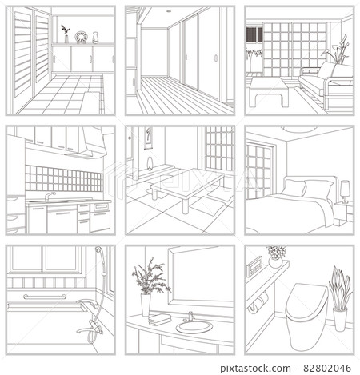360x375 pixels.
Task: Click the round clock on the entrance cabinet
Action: click(79, 36)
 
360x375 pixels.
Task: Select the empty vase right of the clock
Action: click(94, 36)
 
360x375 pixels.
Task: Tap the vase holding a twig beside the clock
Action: click(65, 34)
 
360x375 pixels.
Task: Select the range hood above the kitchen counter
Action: click(83, 145)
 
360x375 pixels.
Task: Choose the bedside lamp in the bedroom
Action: click(345, 189)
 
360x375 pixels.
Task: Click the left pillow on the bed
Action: click(294, 189)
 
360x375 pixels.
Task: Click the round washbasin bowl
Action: click(193, 326)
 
